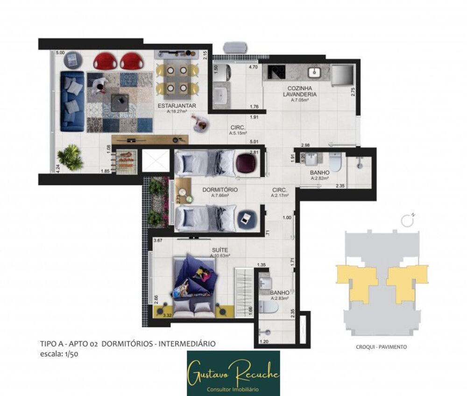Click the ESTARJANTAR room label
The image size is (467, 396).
pyautogui.click(x=177, y=106)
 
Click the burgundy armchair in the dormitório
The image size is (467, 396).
pyautogui.click(x=246, y=163)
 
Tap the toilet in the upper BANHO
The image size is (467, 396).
pyautogui.click(x=335, y=162)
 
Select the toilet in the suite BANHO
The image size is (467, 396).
pyautogui.click(x=269, y=307)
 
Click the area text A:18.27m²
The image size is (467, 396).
pyautogui.click(x=177, y=112)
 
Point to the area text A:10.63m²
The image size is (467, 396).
pyautogui.click(x=219, y=256)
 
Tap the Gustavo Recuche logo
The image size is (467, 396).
pyautogui.click(x=233, y=373)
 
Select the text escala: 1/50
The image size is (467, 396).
pyautogui.click(x=61, y=354)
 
